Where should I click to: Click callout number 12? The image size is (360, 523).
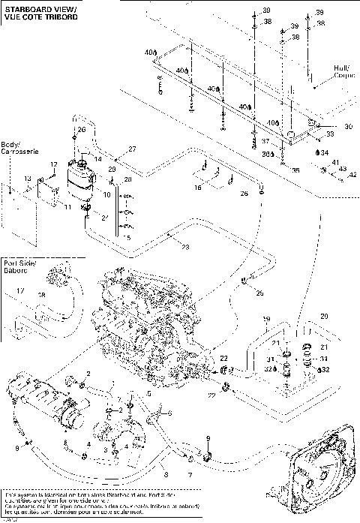(x=53, y=164)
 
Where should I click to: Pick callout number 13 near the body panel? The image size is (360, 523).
(x=27, y=179)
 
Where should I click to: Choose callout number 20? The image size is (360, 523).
(x=325, y=316)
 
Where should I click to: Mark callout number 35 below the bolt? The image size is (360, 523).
(x=295, y=170)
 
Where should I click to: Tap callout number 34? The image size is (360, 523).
(x=325, y=152)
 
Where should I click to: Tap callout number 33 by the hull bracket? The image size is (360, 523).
(x=328, y=134)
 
